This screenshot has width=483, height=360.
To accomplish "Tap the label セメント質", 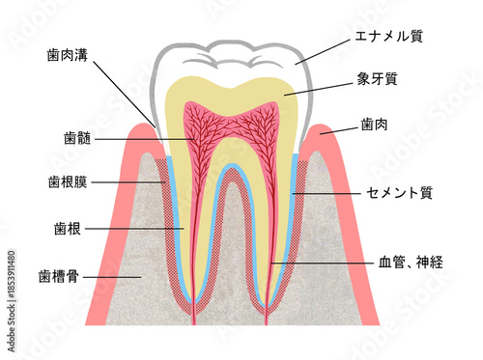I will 398,193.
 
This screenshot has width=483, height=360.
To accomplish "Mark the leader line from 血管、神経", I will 319,262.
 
